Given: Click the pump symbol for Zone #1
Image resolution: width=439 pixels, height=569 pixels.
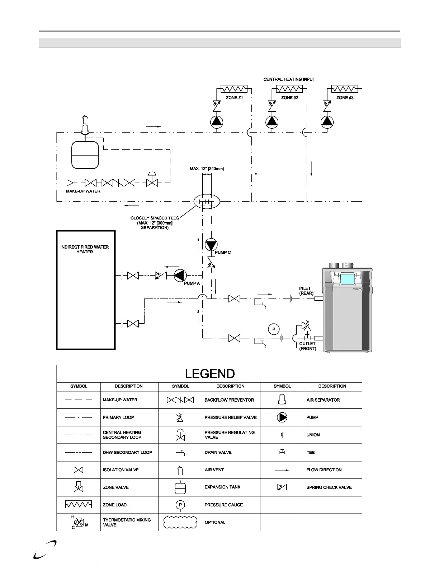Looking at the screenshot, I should pos(217,122).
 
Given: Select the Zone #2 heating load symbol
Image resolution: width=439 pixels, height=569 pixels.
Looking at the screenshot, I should pos(289,89).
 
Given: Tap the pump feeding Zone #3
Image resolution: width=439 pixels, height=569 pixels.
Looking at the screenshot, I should pos(327,122).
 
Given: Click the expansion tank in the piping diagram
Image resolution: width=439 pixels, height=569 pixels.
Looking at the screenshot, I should pos(85,155).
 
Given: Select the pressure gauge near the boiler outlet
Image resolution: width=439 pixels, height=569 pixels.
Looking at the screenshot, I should pos(274,329).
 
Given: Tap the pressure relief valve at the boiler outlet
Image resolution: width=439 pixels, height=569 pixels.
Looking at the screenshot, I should pos(306,326).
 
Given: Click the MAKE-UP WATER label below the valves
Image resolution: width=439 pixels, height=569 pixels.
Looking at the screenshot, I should pos(83,191).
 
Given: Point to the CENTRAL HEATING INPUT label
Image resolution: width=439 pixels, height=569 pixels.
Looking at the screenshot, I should pos(289,79).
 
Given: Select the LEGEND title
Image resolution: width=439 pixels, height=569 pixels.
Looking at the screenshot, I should pos(210,374).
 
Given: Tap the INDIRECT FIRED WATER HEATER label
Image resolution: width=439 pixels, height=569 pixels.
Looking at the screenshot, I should pos(85,249).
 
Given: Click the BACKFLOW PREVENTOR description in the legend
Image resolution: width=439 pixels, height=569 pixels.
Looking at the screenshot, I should pos(229,400).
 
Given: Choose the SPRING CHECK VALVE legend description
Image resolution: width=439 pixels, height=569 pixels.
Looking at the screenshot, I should pos(329,487).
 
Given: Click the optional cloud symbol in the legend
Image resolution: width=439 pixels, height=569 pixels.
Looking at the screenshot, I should pos(180,522).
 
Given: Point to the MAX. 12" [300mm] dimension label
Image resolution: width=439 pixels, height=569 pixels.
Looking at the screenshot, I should pos(207,169).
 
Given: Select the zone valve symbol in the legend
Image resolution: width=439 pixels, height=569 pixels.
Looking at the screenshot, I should pos(79,487).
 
